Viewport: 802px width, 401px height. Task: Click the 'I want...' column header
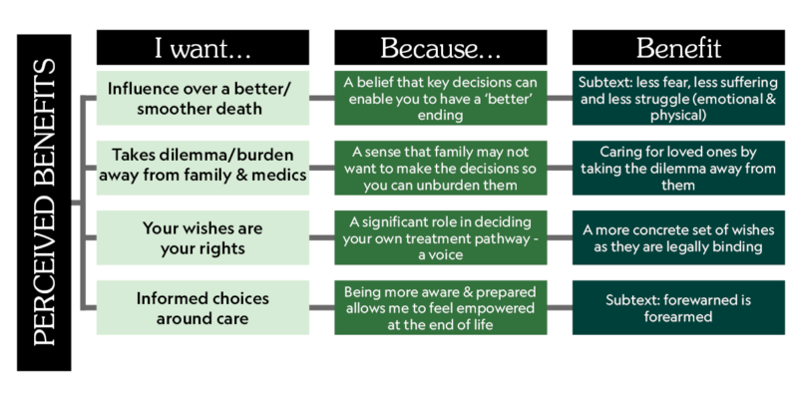(x=202, y=48)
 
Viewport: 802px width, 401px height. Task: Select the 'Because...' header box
(x=440, y=48)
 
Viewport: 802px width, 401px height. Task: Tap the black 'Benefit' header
(x=678, y=48)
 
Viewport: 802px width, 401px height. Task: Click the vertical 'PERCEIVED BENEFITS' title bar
(x=44, y=202)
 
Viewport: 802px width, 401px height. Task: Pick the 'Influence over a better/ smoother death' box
(x=202, y=98)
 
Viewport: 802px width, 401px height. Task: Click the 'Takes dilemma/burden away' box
(x=202, y=168)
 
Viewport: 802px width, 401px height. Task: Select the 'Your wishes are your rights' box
(x=202, y=237)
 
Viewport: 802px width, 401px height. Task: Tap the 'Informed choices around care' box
(x=202, y=307)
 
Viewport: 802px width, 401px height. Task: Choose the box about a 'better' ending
(x=440, y=98)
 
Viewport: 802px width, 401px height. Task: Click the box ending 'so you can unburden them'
(x=440, y=168)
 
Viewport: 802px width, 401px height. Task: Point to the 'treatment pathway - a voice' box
(x=440, y=237)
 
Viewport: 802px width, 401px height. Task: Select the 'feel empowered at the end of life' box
(x=440, y=307)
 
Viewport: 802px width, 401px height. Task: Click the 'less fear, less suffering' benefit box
(x=678, y=98)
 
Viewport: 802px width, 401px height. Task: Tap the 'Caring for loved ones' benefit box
(x=678, y=168)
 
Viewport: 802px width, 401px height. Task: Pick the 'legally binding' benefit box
(x=678, y=237)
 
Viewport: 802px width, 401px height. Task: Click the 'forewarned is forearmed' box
(x=678, y=307)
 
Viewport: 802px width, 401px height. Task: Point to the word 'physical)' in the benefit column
(x=678, y=116)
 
